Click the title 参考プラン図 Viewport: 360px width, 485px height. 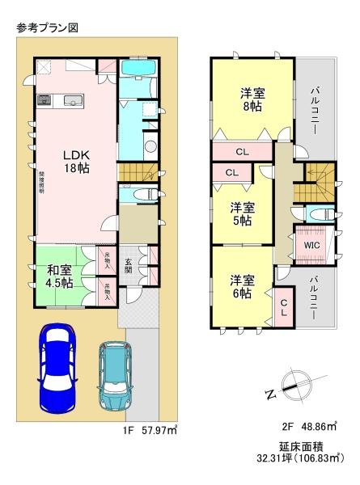[47, 27]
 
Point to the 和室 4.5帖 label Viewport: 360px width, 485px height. [60, 276]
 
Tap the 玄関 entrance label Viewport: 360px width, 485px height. [129, 265]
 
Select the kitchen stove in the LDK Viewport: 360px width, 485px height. [44, 101]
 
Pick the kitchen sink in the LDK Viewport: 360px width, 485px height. [72, 101]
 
